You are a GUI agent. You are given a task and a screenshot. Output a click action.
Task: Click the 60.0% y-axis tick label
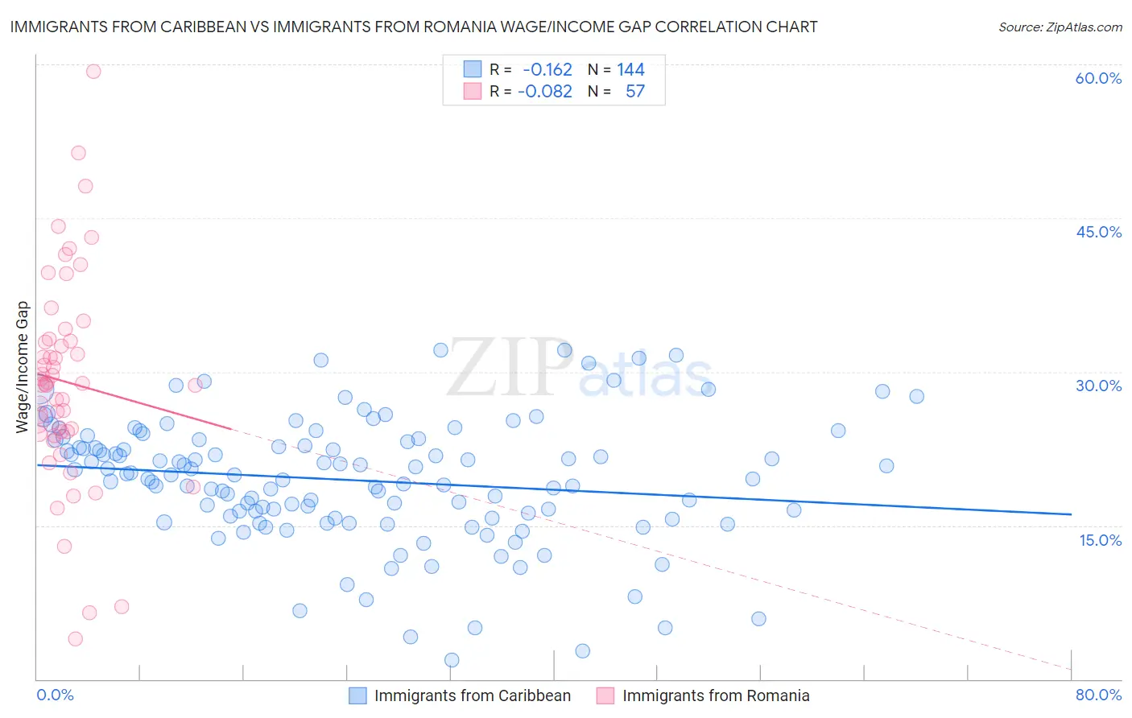tap(1098, 78)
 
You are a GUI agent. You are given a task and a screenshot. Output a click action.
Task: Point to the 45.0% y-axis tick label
tap(1098, 232)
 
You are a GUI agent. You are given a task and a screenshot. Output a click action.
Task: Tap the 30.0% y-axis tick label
tap(1098, 386)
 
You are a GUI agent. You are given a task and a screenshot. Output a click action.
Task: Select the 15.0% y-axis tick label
tap(1100, 539)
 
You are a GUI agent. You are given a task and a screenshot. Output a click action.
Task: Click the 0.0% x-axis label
tap(55, 695)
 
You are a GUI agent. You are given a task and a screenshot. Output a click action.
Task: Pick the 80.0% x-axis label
tap(1098, 695)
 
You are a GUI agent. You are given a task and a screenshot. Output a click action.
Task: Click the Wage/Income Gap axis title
tap(23, 367)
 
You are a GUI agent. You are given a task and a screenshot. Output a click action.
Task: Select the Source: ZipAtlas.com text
tap(1060, 27)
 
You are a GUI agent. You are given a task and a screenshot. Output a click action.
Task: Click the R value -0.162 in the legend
tap(547, 69)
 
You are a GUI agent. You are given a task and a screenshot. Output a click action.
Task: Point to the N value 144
tap(630, 69)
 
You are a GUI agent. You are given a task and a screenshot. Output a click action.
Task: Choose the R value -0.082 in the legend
tap(545, 91)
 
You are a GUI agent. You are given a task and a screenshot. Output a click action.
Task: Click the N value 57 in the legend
tap(635, 91)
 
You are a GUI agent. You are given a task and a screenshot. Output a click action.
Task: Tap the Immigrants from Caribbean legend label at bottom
tap(472, 695)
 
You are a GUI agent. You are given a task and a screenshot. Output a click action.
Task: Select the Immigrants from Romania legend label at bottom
tap(716, 695)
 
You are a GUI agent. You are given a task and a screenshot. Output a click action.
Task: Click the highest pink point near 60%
tap(93, 71)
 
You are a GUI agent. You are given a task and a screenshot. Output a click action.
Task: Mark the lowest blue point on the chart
tap(452, 660)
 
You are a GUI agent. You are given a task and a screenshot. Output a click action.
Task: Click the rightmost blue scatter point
tap(916, 396)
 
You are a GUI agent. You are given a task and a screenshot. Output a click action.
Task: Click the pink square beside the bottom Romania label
tap(605, 695)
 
